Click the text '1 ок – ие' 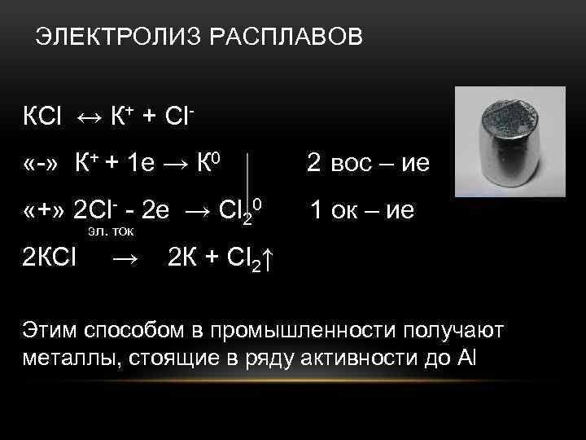[362, 211]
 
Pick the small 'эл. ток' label [110, 232]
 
